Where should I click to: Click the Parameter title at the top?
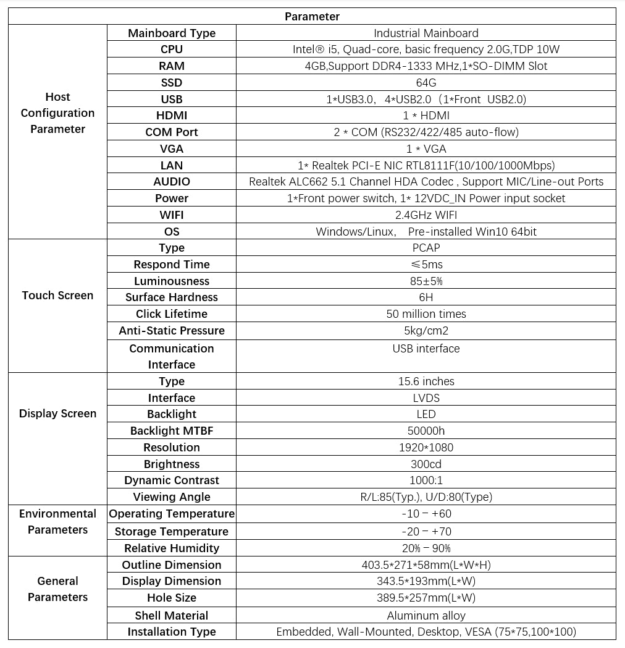[x=312, y=16]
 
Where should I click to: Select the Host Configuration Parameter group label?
[x=57, y=113]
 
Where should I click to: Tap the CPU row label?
[x=172, y=49]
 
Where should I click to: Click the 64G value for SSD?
[x=426, y=83]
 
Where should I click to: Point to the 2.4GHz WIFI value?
[x=426, y=215]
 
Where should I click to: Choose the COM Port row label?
[x=172, y=132]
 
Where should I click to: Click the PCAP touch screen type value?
[x=426, y=248]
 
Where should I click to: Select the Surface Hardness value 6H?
[x=426, y=297]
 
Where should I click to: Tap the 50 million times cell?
[x=426, y=314]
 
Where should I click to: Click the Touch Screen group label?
[x=57, y=296]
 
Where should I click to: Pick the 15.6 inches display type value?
[x=426, y=382]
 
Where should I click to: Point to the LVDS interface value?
[x=426, y=398]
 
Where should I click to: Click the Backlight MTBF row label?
[x=172, y=431]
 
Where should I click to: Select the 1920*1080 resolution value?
[x=426, y=448]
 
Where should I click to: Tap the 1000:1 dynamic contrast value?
[x=426, y=480]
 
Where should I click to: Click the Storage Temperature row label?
[x=172, y=532]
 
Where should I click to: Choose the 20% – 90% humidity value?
[x=426, y=548]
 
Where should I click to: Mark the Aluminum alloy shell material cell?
[x=426, y=616]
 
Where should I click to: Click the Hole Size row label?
[x=172, y=598]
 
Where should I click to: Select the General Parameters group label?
[x=57, y=589]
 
